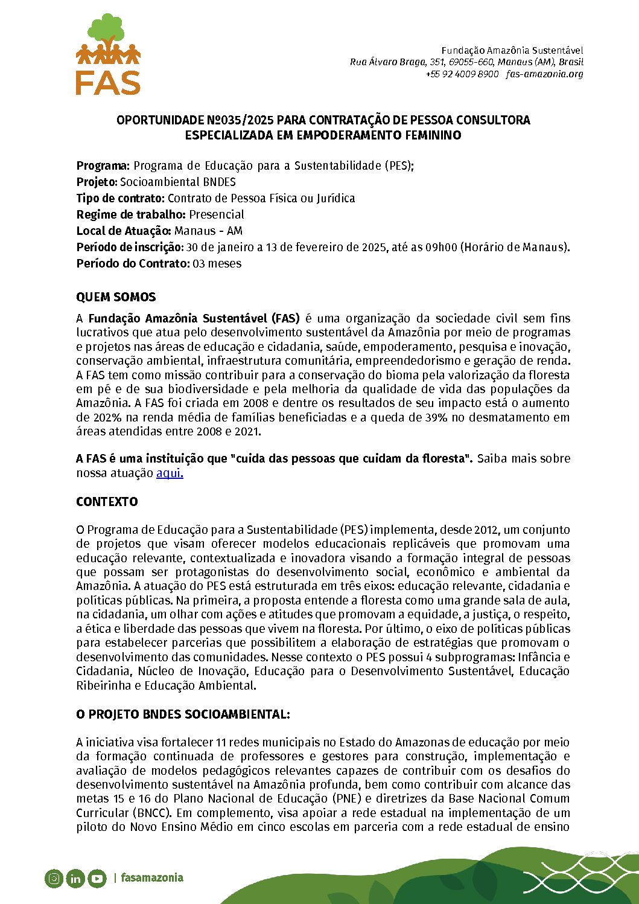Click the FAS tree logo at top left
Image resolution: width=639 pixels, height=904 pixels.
coord(108,54)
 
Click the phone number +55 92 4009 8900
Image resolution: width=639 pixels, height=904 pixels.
coord(462,74)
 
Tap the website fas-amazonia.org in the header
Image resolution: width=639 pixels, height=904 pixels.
coord(545,74)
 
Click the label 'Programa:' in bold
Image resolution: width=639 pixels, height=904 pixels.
coord(103,165)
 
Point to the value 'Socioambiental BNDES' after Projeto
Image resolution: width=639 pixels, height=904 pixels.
coord(177,182)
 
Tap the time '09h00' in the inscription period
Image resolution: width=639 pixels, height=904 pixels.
coord(441,247)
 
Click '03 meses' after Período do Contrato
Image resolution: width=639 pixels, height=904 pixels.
coord(217,263)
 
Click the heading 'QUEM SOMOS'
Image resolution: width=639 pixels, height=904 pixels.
coord(116,297)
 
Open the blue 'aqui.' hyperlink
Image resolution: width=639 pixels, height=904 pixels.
coord(170,473)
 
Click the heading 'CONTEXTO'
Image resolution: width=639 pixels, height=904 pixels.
coord(107,502)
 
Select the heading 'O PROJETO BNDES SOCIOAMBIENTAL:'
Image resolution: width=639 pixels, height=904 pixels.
coord(183,714)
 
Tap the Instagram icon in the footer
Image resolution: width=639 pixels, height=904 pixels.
coord(54,878)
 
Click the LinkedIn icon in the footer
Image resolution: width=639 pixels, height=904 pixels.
coord(75,878)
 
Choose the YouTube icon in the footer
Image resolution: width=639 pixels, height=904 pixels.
coord(97,878)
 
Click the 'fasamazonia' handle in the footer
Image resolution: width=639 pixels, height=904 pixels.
coord(152,877)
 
